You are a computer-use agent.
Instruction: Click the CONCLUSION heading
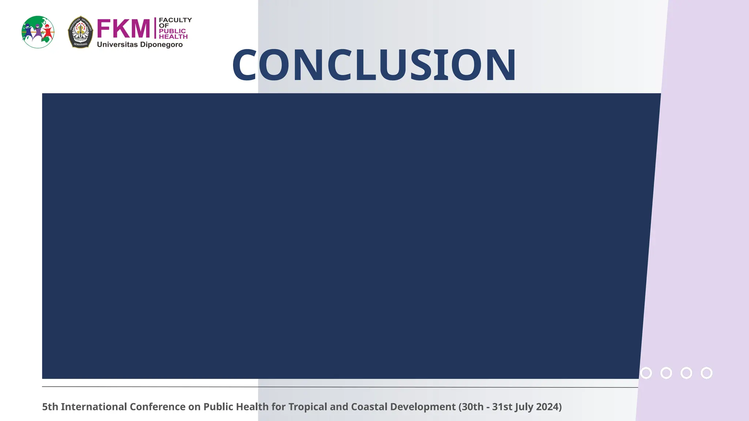[374, 65]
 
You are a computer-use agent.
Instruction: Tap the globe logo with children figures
[38, 32]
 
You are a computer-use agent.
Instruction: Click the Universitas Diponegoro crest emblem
[80, 32]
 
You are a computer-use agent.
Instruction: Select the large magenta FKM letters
[124, 29]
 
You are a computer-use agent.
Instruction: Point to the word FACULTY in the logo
[175, 20]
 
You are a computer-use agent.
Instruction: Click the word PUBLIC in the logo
[172, 31]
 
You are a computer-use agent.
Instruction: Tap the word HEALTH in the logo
[173, 37]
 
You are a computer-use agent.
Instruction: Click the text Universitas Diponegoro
[140, 45]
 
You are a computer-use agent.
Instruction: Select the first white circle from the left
[646, 373]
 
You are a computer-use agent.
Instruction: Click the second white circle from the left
[666, 373]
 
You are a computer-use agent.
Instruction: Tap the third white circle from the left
[686, 373]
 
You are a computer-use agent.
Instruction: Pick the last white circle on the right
[707, 373]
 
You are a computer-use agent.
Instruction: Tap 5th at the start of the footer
[50, 407]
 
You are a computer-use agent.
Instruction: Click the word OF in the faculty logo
[164, 26]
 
